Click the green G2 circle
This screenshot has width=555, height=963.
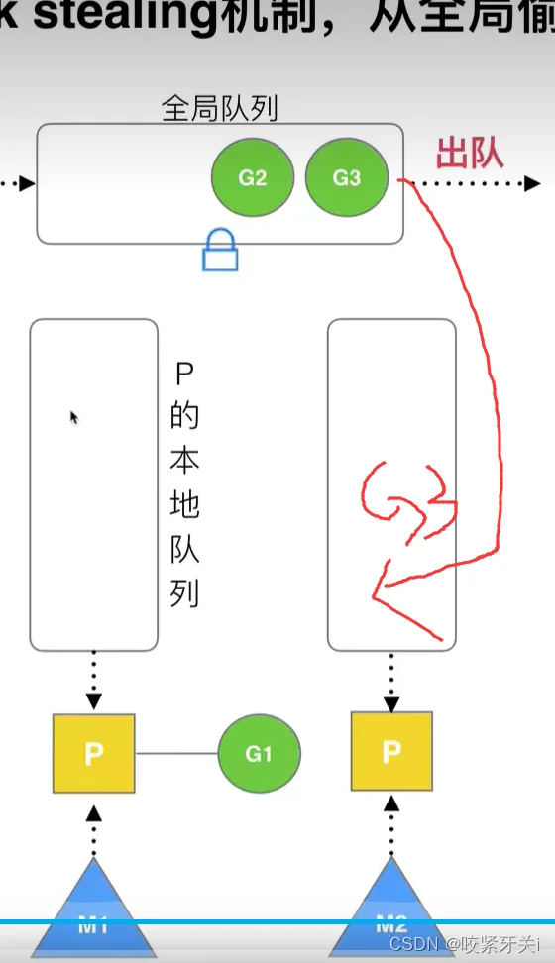tap(253, 178)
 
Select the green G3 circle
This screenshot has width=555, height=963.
tap(346, 178)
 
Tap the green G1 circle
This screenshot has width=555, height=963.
tap(259, 754)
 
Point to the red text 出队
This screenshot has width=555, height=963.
tap(470, 155)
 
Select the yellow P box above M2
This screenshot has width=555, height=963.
tap(391, 752)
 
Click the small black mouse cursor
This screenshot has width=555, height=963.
tap(74, 417)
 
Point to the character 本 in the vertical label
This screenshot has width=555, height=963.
tap(184, 462)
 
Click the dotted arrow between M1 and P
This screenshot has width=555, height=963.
tap(94, 830)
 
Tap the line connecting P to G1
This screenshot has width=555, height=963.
tap(176, 754)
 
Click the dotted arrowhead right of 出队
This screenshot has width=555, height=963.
tap(533, 183)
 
